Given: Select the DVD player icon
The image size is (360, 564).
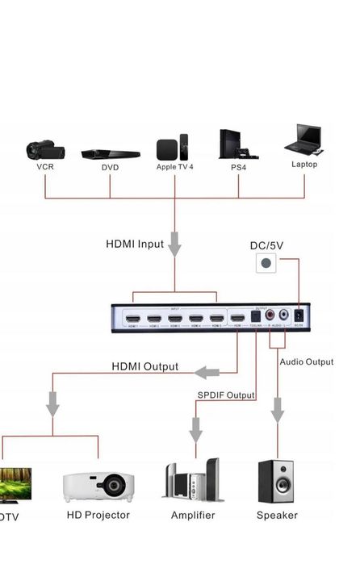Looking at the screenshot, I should [x=111, y=153].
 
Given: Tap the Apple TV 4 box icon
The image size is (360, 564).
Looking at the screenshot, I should [x=173, y=148].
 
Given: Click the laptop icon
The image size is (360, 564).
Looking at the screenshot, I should [x=304, y=140].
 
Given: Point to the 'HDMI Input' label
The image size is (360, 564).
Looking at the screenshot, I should [x=135, y=244].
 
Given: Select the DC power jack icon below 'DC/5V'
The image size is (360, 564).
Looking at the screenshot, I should [x=266, y=263].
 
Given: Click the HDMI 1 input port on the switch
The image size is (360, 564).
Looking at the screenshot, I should [x=132, y=319].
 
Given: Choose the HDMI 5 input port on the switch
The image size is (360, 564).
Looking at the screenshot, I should [x=216, y=319].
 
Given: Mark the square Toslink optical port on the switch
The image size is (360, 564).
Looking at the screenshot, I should [x=255, y=317].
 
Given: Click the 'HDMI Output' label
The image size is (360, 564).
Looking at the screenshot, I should [x=144, y=367].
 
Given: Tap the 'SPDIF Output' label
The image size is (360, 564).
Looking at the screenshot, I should [x=226, y=395].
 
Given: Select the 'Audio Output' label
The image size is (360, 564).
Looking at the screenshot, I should [x=306, y=362].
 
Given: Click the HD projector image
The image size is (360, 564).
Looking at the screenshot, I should [x=99, y=485].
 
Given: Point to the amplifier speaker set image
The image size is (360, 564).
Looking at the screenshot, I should [x=193, y=482].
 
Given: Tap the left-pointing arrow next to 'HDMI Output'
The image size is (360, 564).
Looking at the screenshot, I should [x=207, y=372].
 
